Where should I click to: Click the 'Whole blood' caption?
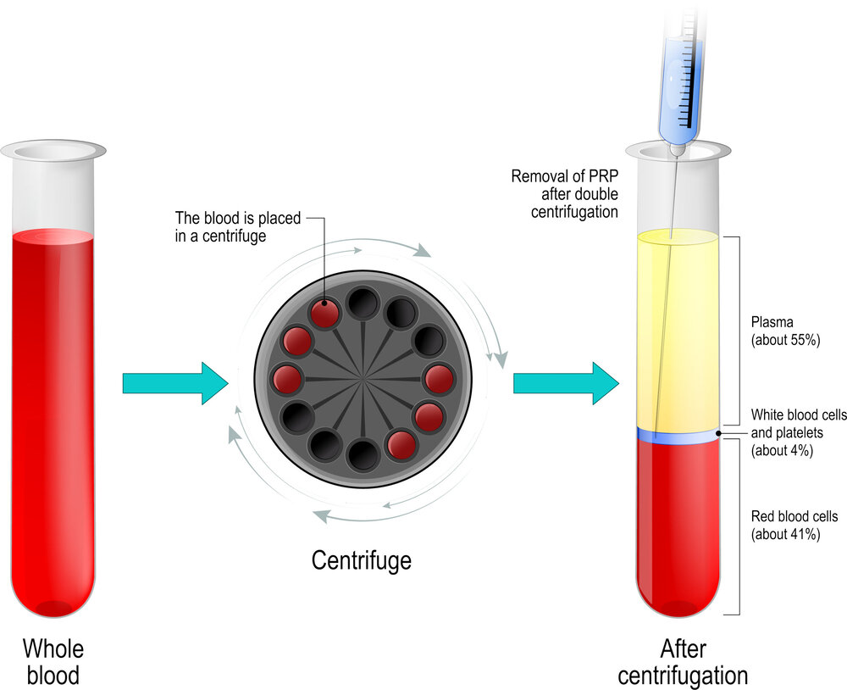[x=53, y=662]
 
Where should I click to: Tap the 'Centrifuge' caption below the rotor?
[x=362, y=560]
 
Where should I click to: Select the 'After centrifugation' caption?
[x=682, y=662]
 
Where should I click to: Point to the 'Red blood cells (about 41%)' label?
[x=794, y=525]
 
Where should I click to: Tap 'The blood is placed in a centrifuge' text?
[x=238, y=226]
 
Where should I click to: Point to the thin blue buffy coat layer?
[x=678, y=436]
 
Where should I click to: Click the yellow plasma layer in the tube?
[x=678, y=331]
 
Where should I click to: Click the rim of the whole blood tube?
[x=53, y=151]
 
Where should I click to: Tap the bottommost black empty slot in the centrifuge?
[x=363, y=454]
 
